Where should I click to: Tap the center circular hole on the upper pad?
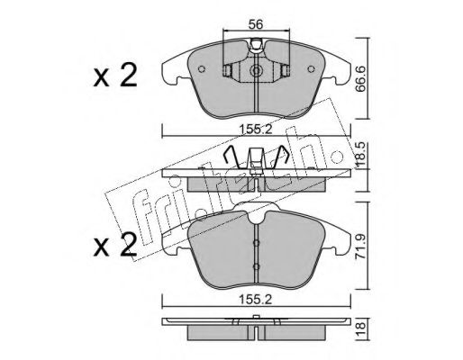[257, 71]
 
